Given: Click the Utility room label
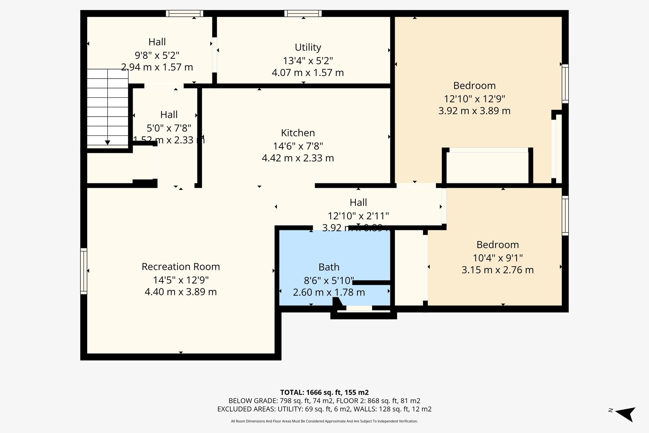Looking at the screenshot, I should [308, 47].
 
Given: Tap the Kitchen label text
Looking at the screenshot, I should [298, 133].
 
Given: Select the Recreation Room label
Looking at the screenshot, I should [181, 267].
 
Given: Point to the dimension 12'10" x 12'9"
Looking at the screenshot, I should [474, 99].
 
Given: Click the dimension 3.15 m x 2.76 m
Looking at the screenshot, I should [498, 270].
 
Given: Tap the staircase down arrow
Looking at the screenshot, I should [107, 142].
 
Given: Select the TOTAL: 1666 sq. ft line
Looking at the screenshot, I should [324, 392].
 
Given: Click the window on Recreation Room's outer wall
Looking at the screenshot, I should [84, 271].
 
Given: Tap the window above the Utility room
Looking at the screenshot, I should [303, 13].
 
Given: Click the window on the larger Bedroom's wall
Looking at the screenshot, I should [565, 84].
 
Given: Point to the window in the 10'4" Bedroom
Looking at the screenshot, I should [565, 216].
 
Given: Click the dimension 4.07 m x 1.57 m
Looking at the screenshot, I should [308, 73].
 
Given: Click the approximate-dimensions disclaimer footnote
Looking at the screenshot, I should [324, 421].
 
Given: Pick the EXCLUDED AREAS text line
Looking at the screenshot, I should [324, 409].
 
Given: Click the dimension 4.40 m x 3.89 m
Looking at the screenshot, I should [181, 292].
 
